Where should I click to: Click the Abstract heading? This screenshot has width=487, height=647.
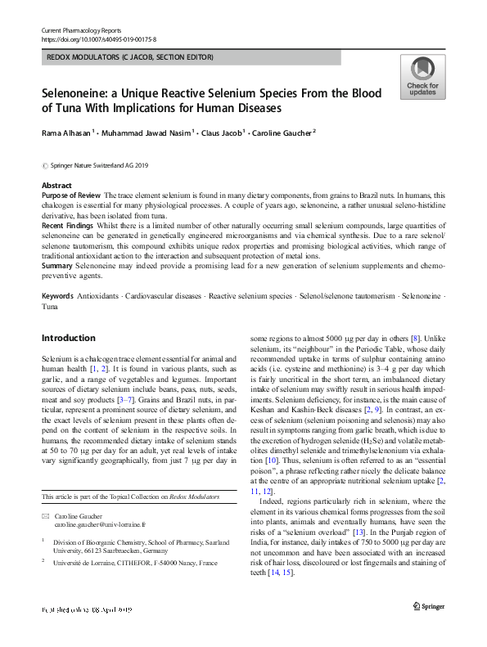click(56, 186)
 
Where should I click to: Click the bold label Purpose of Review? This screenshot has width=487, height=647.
click(71, 196)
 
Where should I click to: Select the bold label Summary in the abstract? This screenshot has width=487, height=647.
click(56, 265)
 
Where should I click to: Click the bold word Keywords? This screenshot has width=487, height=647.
click(57, 293)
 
